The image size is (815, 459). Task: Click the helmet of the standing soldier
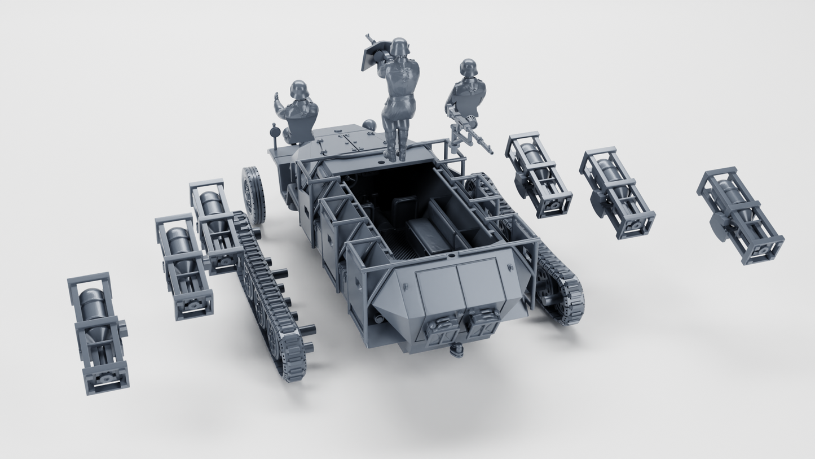[x=399, y=47]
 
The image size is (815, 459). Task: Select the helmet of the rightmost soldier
[x=468, y=68]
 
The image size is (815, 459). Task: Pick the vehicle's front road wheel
[x=253, y=195]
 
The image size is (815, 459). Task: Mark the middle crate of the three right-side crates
[x=616, y=193]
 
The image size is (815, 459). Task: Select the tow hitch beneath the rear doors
[x=456, y=352]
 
